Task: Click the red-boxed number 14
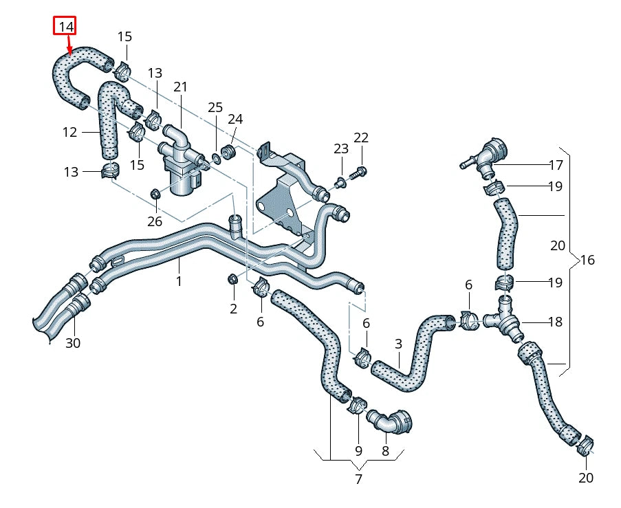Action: click(66, 27)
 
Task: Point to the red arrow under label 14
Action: click(69, 45)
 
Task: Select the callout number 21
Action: click(180, 87)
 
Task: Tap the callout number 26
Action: click(155, 221)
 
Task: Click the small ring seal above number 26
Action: click(155, 192)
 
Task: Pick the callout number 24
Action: click(235, 119)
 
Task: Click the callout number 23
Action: click(342, 148)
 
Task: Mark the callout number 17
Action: click(556, 165)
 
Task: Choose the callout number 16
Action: click(587, 260)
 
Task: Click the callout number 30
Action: click(72, 343)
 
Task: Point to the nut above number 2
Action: click(232, 279)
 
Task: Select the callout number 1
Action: click(179, 281)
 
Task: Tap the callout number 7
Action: click(358, 479)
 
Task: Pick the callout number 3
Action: click(398, 343)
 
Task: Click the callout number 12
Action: click(70, 132)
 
